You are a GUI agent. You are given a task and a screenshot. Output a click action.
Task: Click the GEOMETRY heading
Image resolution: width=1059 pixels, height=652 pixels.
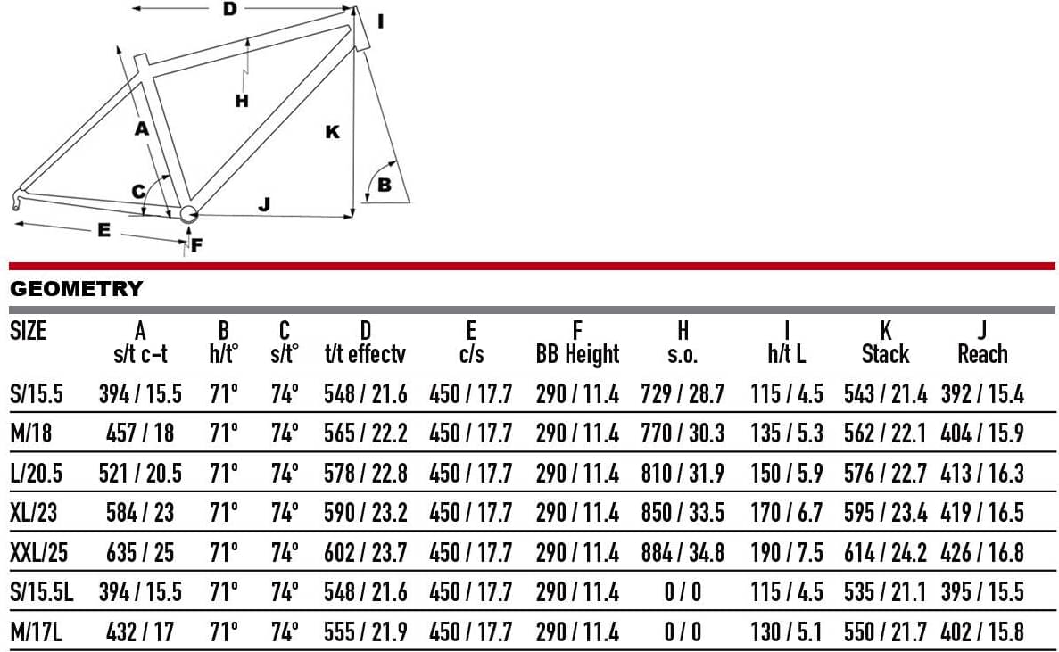pos(77,289)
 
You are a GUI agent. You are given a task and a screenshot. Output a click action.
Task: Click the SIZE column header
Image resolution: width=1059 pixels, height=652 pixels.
pos(29,332)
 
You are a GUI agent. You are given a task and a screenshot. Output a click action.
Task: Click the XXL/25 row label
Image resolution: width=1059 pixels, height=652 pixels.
pos(39,553)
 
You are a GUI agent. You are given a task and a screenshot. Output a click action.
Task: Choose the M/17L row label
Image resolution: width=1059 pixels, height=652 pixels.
pos(37,632)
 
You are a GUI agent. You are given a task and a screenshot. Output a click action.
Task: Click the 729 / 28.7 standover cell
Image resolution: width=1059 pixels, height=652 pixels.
pos(683,393)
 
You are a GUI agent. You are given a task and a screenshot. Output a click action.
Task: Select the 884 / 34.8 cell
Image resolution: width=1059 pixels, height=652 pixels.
pos(683,553)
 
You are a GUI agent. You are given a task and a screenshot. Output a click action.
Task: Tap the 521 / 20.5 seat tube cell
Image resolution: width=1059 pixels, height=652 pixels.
pos(140,473)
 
